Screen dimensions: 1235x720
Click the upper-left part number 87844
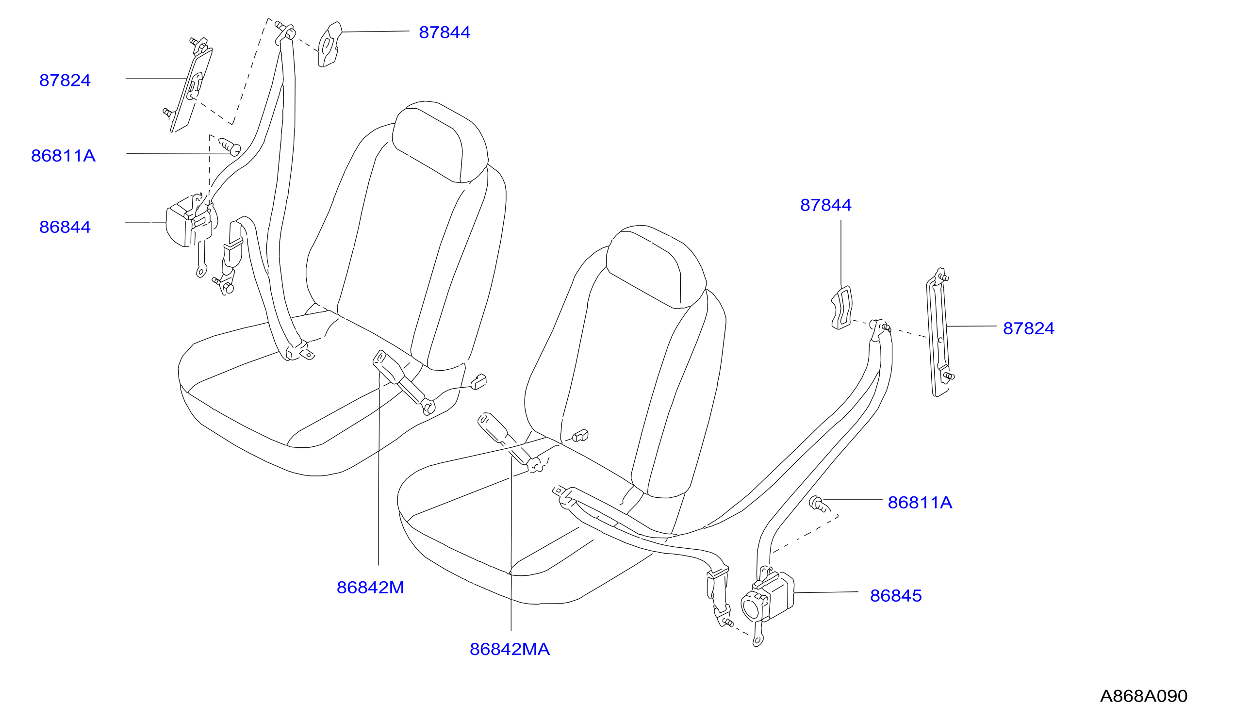pyautogui.click(x=444, y=33)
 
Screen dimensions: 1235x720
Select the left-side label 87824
pyautogui.click(x=65, y=81)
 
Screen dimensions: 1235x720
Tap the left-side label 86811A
pyautogui.click(x=63, y=156)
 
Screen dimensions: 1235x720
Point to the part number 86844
pyautogui.click(x=65, y=227)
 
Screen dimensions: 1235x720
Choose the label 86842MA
pyautogui.click(x=510, y=649)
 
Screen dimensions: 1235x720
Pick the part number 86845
pyautogui.click(x=896, y=595)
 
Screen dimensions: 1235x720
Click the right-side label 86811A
pyautogui.click(x=920, y=502)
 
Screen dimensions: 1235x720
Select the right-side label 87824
pyautogui.click(x=1029, y=328)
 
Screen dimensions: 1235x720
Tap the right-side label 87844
pyautogui.click(x=826, y=205)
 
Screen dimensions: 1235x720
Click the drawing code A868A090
pyautogui.click(x=1143, y=696)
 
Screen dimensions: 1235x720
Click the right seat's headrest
pyautogui.click(x=656, y=267)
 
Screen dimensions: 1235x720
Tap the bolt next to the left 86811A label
pyautogui.click(x=230, y=146)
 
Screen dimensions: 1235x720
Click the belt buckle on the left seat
pyautogui.click(x=403, y=382)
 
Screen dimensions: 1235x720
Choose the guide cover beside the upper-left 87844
pyautogui.click(x=329, y=44)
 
